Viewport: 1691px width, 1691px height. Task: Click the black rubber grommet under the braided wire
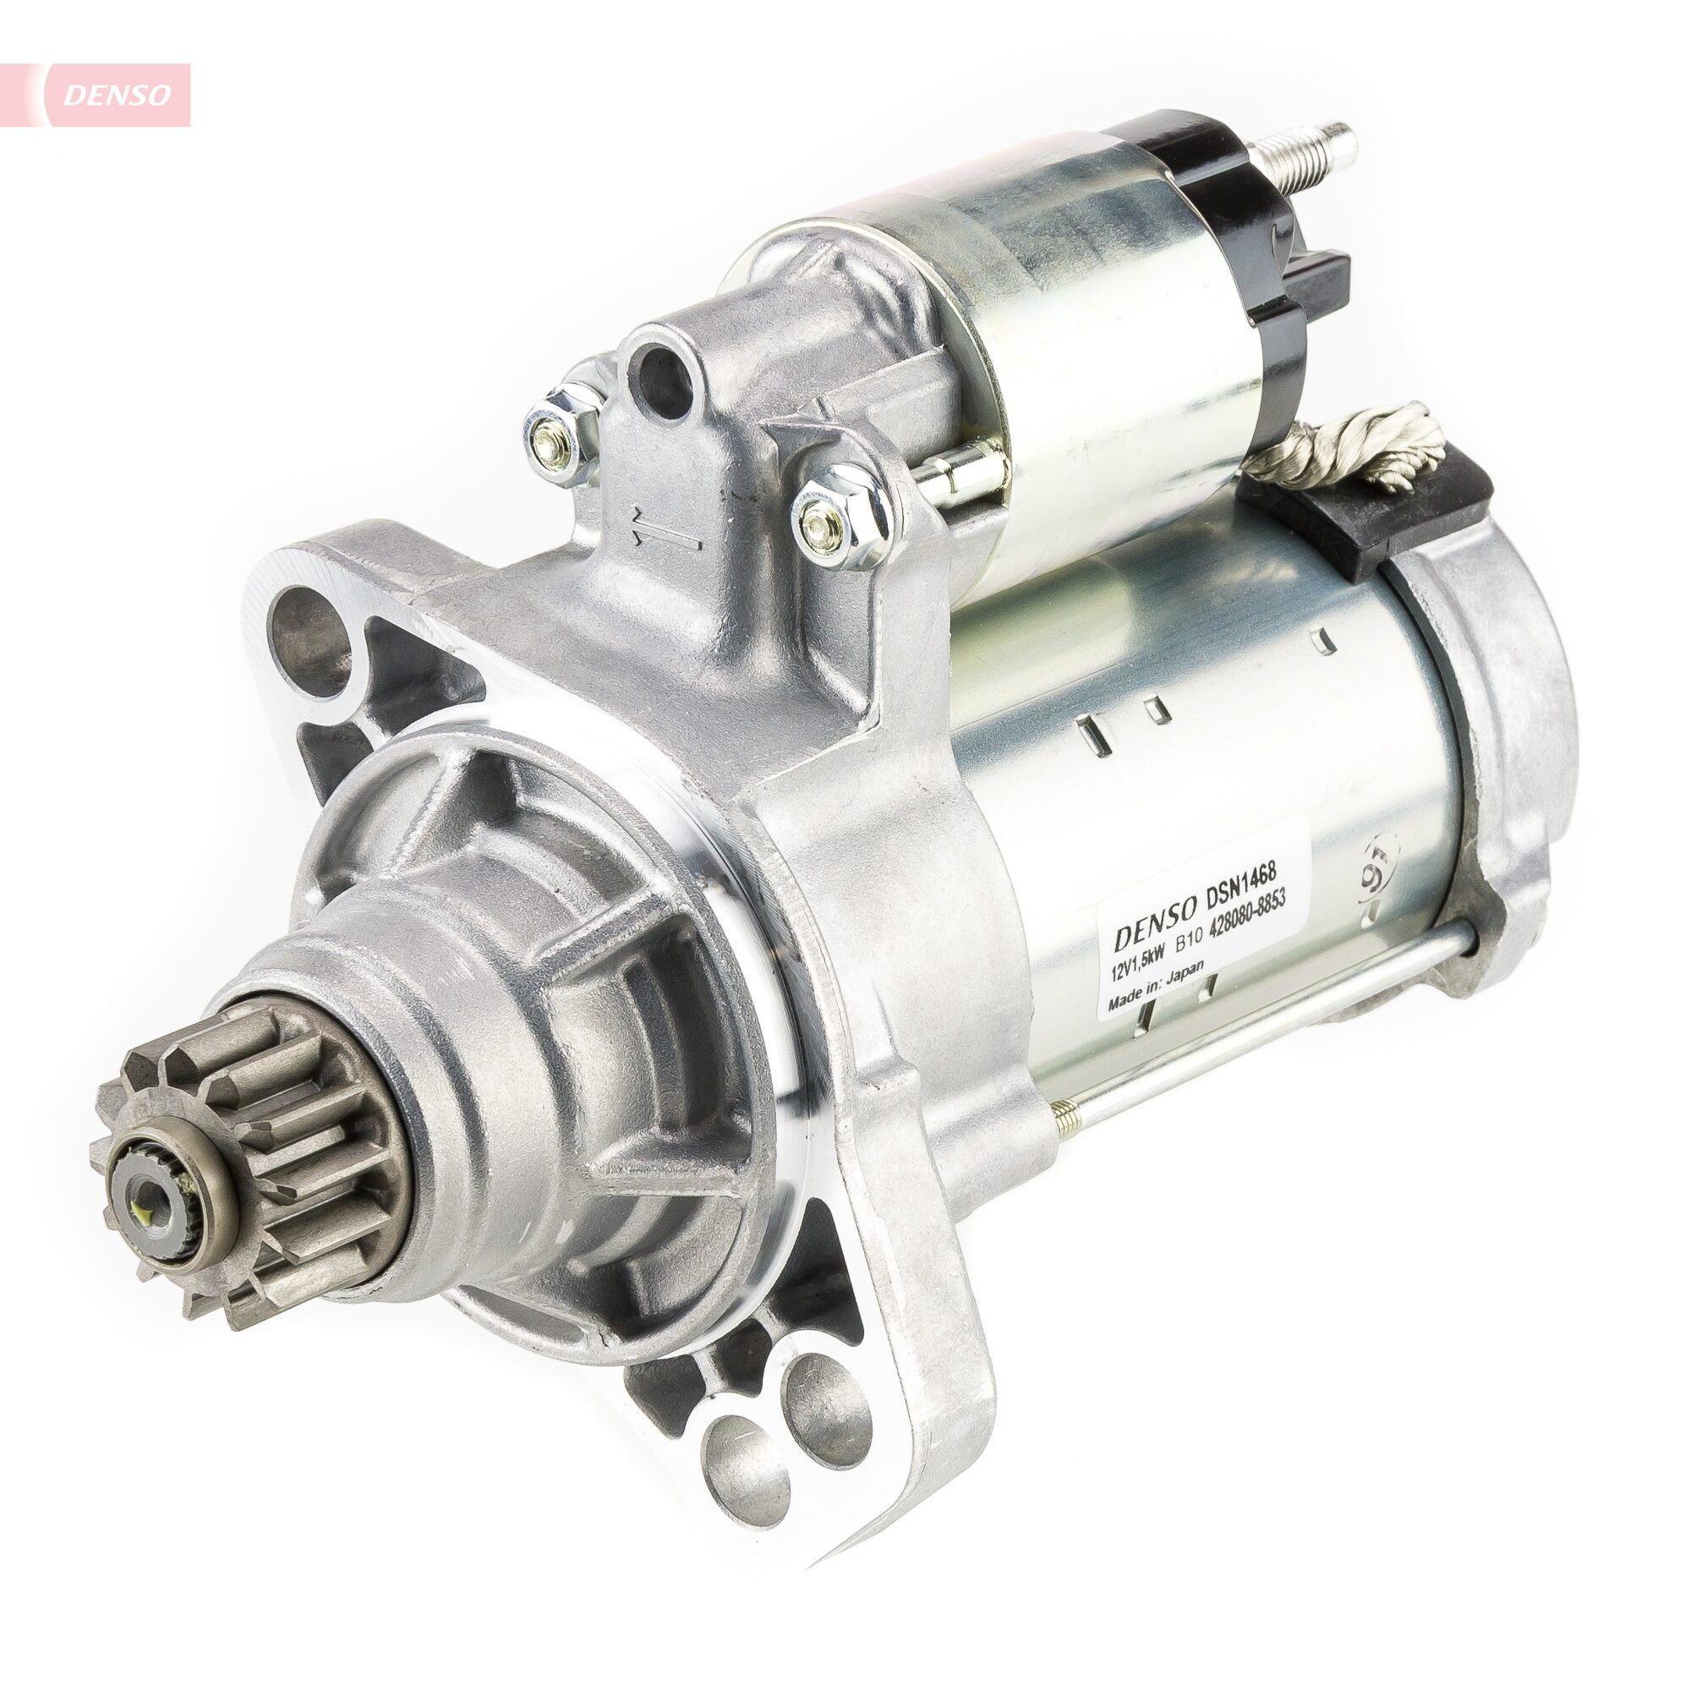point(1374,517)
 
